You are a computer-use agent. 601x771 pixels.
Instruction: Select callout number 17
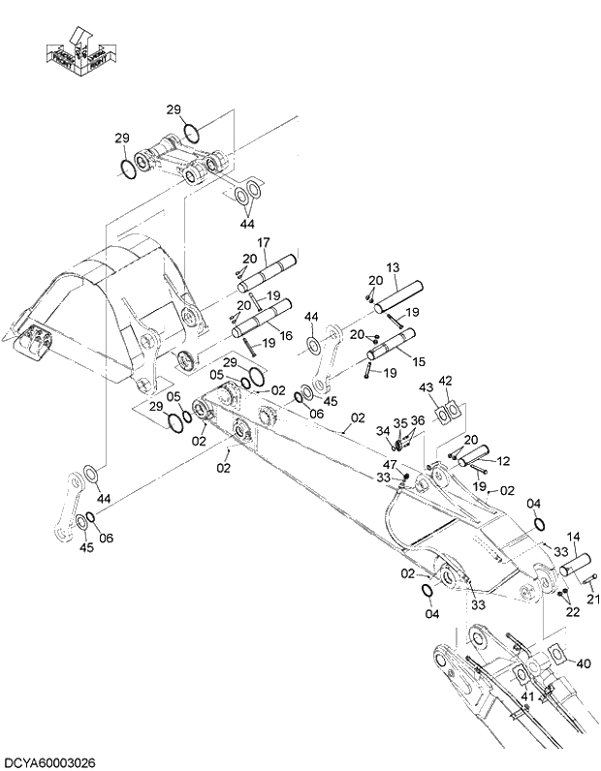coord(262,242)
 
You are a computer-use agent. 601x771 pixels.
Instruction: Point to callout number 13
coord(393,267)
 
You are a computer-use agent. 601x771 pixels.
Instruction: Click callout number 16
coord(285,336)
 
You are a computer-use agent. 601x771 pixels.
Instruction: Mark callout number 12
coord(502,462)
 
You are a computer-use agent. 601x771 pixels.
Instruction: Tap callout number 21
coord(592,599)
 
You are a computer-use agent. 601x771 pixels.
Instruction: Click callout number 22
coord(573,612)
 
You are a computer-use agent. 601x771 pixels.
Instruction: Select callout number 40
coord(583,663)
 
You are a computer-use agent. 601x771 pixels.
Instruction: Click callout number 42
coord(445,381)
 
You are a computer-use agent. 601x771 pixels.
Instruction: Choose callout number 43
coord(427,387)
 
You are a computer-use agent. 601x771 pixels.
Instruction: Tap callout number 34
coord(383,432)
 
